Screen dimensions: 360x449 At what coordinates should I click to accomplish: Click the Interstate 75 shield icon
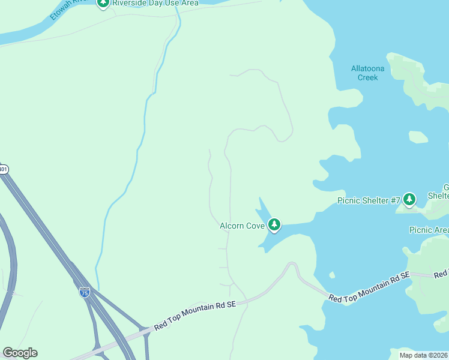[x=84, y=292]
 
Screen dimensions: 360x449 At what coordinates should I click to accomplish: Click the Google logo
[x=20, y=353]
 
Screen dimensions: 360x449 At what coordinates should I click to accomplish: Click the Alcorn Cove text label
[x=242, y=225]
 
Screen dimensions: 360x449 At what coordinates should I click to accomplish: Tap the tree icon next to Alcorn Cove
[x=274, y=224]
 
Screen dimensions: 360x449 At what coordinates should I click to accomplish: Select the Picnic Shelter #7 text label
[x=365, y=200]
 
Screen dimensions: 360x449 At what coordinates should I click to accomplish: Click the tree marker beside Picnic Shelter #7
[x=409, y=199]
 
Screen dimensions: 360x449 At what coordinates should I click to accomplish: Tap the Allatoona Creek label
[x=367, y=73]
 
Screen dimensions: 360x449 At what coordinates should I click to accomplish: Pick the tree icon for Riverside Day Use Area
[x=103, y=3]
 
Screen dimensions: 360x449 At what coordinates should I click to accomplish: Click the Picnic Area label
[x=429, y=230]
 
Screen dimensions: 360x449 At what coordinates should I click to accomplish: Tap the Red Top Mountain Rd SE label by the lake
[x=369, y=286]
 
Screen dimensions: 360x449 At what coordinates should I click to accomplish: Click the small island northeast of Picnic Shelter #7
[x=418, y=137]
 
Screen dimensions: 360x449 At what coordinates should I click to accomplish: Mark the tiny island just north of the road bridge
[x=331, y=275]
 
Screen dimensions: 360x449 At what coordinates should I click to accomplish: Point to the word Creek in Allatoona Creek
[x=367, y=77]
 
